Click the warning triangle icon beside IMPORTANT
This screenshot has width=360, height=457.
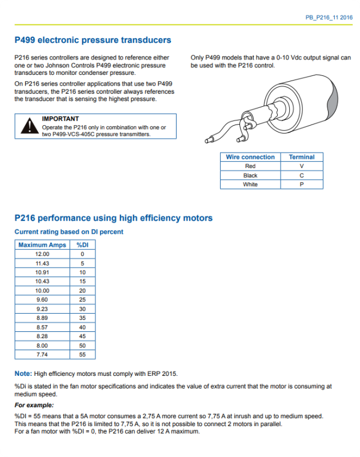tap(29, 126)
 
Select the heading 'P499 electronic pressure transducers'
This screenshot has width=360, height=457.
tap(93, 41)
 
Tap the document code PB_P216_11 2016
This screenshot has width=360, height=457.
tap(329, 18)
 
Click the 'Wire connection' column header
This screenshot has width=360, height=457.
tap(250, 157)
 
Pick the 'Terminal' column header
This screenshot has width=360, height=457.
tap(302, 157)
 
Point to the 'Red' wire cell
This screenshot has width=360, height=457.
tap(250, 166)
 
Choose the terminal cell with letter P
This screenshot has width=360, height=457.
tap(302, 185)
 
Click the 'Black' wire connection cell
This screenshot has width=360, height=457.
tap(250, 175)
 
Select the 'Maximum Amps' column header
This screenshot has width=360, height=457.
tap(42, 245)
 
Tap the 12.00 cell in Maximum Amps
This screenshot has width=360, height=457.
tap(42, 254)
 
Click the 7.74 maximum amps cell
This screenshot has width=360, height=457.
tap(42, 355)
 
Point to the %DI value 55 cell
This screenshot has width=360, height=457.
tap(82, 355)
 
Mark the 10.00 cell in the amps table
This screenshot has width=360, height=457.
tap(42, 291)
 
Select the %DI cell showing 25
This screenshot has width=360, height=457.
tap(82, 300)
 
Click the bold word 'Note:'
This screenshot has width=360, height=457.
tap(23, 374)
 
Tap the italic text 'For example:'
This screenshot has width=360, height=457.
tap(30, 405)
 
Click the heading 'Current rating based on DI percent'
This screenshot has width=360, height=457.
tap(69, 232)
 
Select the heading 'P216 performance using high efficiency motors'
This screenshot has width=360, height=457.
tap(113, 218)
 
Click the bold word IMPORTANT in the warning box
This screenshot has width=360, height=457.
tap(61, 119)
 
